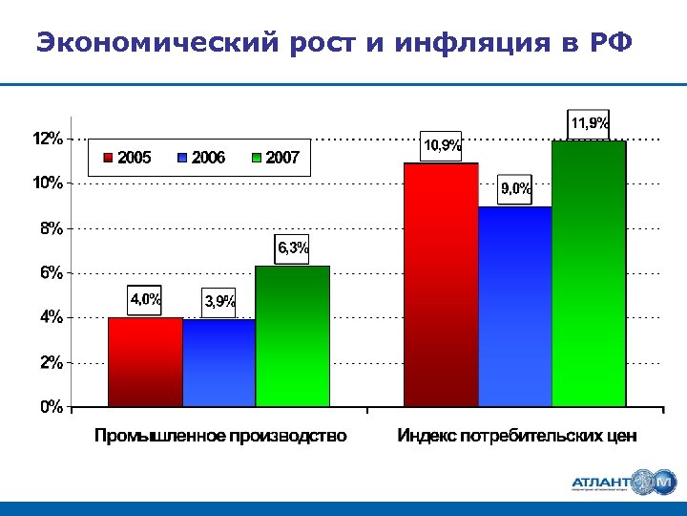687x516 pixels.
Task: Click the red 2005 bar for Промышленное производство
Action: (x=145, y=362)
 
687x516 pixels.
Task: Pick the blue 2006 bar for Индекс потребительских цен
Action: (x=515, y=307)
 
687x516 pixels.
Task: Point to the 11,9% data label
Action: (x=589, y=122)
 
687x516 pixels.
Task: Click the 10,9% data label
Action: (x=442, y=145)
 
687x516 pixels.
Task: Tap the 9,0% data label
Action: (x=516, y=189)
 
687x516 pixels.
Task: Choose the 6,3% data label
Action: (x=293, y=248)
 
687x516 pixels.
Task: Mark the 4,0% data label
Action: (x=146, y=299)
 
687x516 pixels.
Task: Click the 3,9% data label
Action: (x=219, y=302)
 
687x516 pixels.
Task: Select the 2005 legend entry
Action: (x=127, y=158)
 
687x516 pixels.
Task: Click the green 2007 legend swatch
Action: (x=257, y=158)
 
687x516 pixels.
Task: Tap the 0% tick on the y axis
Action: (x=52, y=407)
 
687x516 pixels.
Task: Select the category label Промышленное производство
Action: (x=220, y=437)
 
